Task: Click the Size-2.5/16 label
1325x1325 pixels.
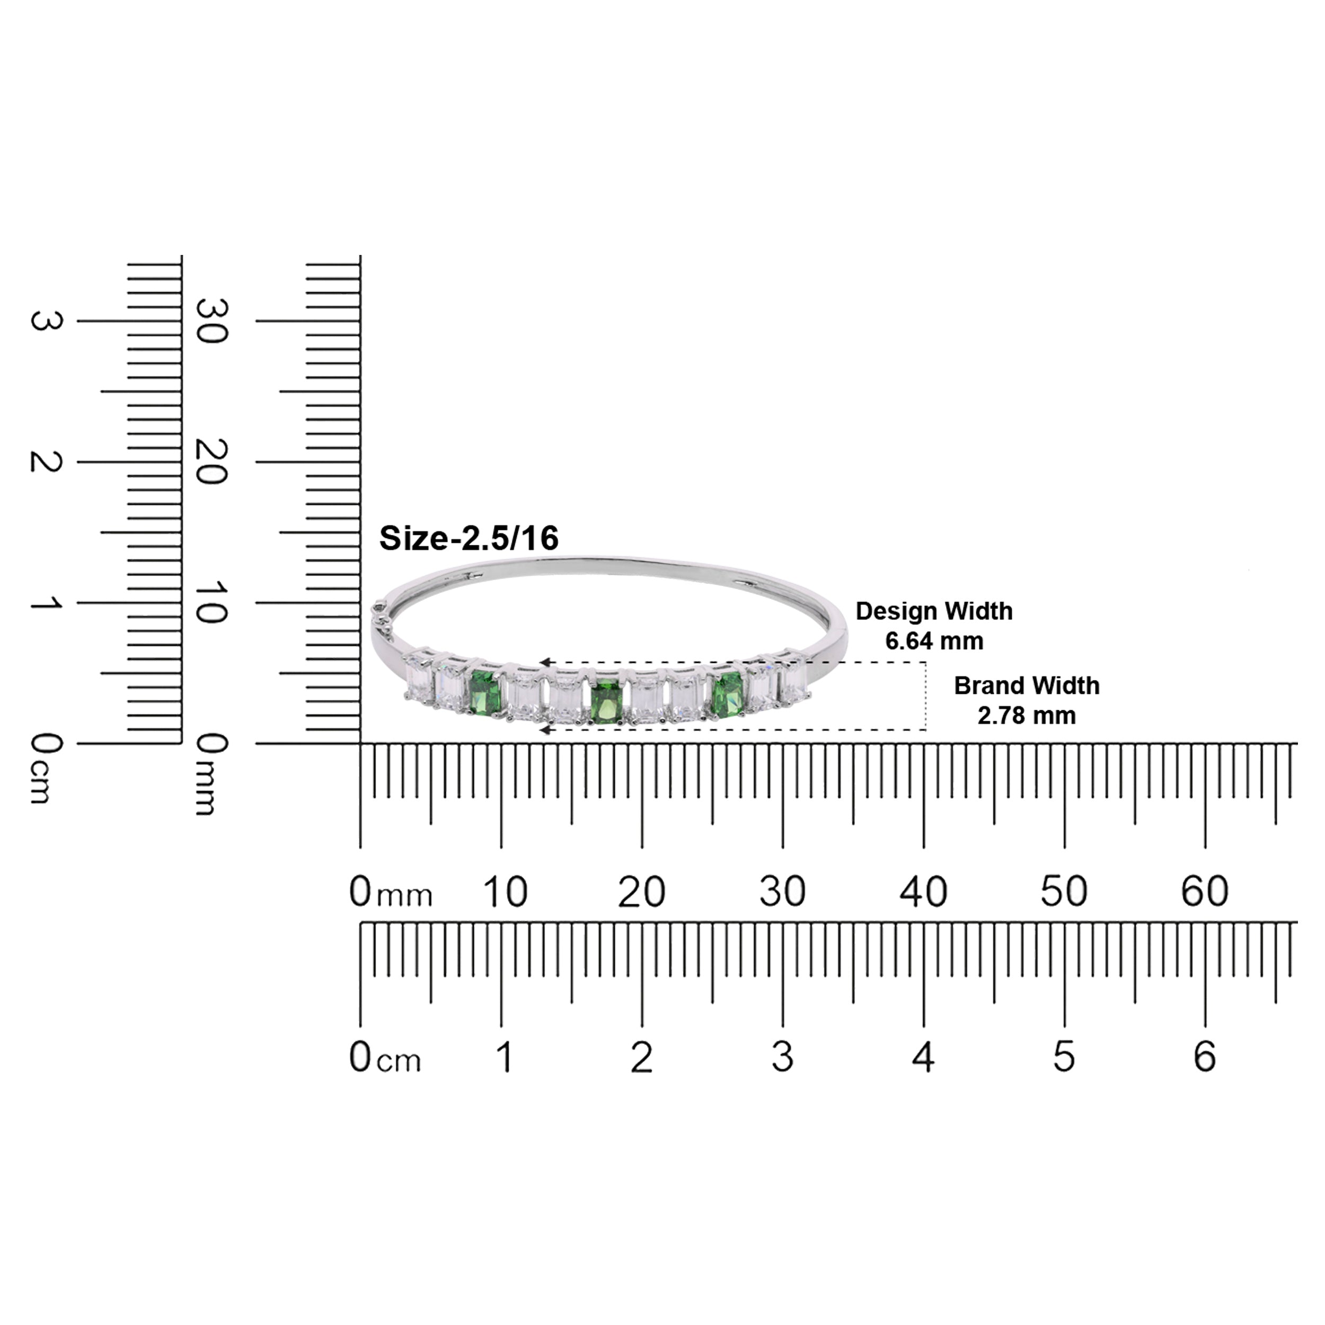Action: coord(469,538)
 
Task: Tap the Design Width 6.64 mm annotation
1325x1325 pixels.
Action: coord(933,625)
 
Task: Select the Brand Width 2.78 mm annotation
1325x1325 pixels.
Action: coord(1026,700)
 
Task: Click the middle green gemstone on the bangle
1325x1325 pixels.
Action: coord(606,700)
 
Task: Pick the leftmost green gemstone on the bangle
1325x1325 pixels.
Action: coord(486,693)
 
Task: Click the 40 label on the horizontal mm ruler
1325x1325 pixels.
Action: coord(923,892)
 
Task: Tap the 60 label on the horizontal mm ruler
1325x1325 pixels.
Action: coord(1205,892)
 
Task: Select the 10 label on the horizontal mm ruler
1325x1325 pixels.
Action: coord(506,892)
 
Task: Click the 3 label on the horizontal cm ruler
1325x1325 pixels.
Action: coord(782,1057)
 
